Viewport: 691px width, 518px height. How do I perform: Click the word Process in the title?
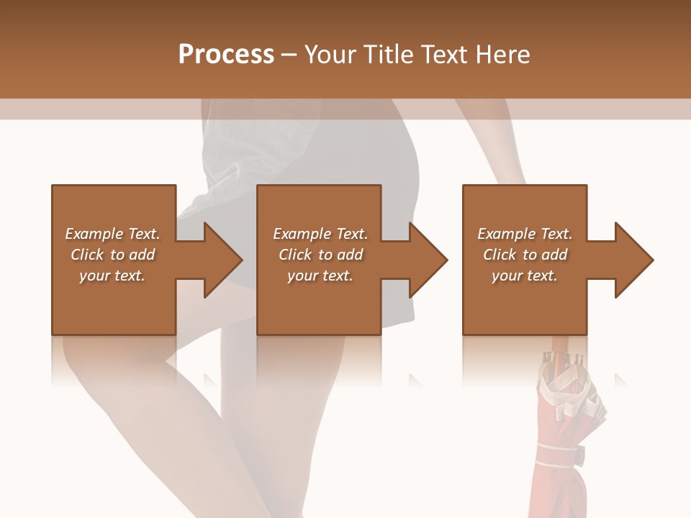(x=226, y=55)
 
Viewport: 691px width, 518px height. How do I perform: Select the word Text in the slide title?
(x=443, y=55)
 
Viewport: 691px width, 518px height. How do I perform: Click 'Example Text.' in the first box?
(x=112, y=234)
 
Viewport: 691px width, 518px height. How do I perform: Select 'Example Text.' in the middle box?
(x=320, y=234)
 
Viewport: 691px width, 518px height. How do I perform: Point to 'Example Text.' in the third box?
(x=525, y=234)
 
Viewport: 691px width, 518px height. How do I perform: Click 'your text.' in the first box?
(x=112, y=276)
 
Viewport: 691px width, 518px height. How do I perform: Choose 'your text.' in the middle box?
(x=320, y=276)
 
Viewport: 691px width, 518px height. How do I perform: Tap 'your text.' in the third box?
(x=525, y=276)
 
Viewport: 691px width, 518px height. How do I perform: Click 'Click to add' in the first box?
(x=112, y=255)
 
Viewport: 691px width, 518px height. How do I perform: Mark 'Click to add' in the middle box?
(x=320, y=255)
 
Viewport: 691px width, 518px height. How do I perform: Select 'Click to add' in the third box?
(x=525, y=255)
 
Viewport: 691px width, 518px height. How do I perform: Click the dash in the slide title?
(x=289, y=55)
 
